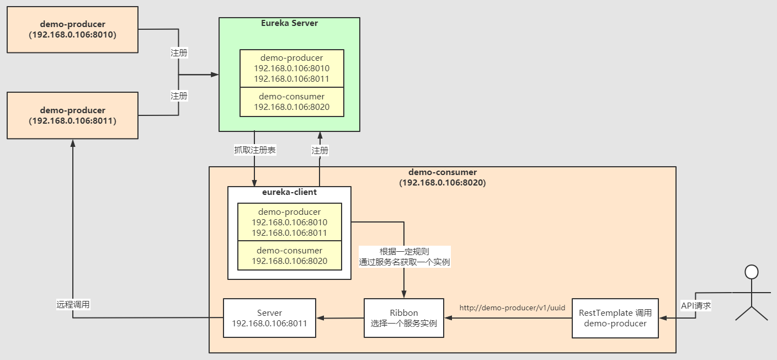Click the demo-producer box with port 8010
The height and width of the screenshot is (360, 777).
point(73,30)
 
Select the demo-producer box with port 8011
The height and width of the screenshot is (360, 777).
point(73,115)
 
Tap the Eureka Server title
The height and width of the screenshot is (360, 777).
point(289,23)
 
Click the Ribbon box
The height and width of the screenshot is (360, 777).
point(404,318)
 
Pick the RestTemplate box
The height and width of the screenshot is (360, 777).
point(615,318)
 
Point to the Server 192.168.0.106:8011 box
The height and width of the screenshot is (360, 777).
point(269,318)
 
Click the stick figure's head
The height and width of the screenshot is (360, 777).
point(751,272)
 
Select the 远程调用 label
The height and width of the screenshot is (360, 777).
point(73,304)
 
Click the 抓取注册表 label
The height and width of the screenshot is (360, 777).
point(254,150)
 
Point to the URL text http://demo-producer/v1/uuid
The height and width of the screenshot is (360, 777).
point(512,308)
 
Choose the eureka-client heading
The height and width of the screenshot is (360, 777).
point(289,193)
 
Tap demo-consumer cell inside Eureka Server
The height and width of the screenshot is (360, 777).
point(291,102)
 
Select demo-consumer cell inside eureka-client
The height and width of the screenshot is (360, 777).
point(289,256)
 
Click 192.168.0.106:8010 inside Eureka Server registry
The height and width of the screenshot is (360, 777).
point(291,68)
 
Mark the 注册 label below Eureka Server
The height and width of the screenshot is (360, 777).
point(320,150)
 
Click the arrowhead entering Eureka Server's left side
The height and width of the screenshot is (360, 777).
point(215,74)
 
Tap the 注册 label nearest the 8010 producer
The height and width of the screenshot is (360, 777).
point(179,53)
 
